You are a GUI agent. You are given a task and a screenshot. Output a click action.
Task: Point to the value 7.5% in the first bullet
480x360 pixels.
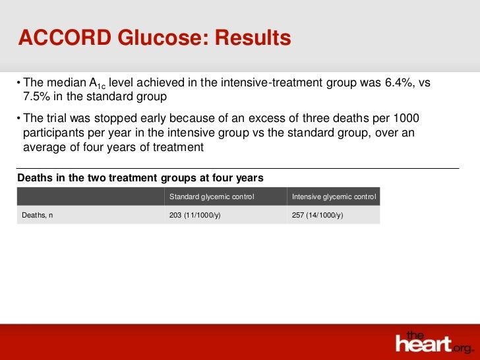38,96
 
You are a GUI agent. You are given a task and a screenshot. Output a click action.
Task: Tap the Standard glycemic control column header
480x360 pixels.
212,196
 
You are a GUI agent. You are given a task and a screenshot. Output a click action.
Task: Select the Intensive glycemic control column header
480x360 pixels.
334,196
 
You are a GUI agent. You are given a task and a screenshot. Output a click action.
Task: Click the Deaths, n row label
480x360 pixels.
38,215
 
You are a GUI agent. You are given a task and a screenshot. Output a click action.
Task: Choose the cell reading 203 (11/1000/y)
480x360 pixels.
195,215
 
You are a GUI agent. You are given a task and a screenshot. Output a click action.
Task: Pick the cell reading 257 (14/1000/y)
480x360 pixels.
317,215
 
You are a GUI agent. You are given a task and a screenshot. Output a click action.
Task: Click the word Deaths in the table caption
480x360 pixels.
35,178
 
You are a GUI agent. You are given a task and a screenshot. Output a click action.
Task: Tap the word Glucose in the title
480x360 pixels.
160,38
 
